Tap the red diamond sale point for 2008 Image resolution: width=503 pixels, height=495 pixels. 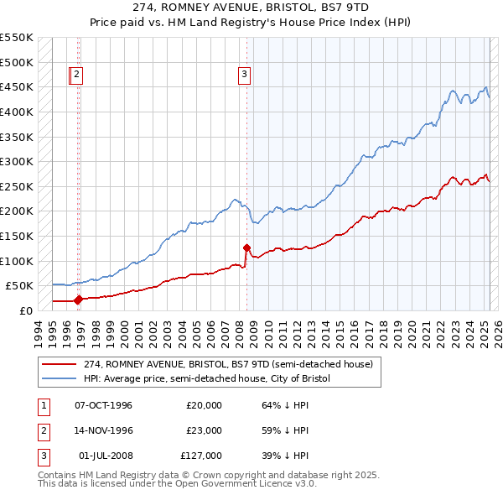click(246, 247)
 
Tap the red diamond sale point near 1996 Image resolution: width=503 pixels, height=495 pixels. click(78, 299)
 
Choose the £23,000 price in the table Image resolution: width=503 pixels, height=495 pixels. click(204, 430)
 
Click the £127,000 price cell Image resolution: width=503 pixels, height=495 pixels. click(201, 456)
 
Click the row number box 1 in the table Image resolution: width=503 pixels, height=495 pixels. click(43, 405)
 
